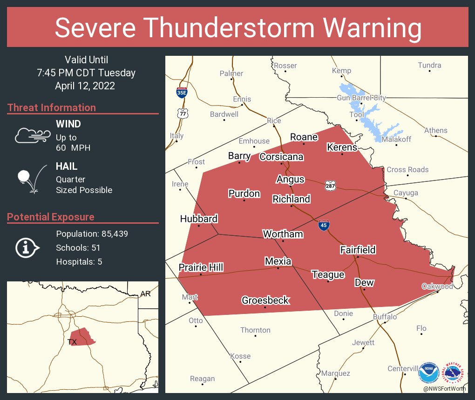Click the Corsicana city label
(x=281, y=157)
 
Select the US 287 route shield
(x=330, y=185)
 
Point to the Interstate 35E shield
(x=182, y=92)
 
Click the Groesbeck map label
(x=265, y=300)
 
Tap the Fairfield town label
(x=358, y=250)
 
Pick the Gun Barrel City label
(x=361, y=98)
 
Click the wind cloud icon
(x=32, y=135)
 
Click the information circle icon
(x=28, y=247)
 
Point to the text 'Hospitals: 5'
(x=79, y=262)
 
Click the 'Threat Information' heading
(x=52, y=108)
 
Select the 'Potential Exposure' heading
(x=51, y=217)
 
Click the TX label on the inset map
(x=72, y=342)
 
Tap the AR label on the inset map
(x=145, y=293)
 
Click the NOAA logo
(x=428, y=372)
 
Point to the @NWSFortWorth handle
(x=444, y=388)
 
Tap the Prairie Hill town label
(x=201, y=267)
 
